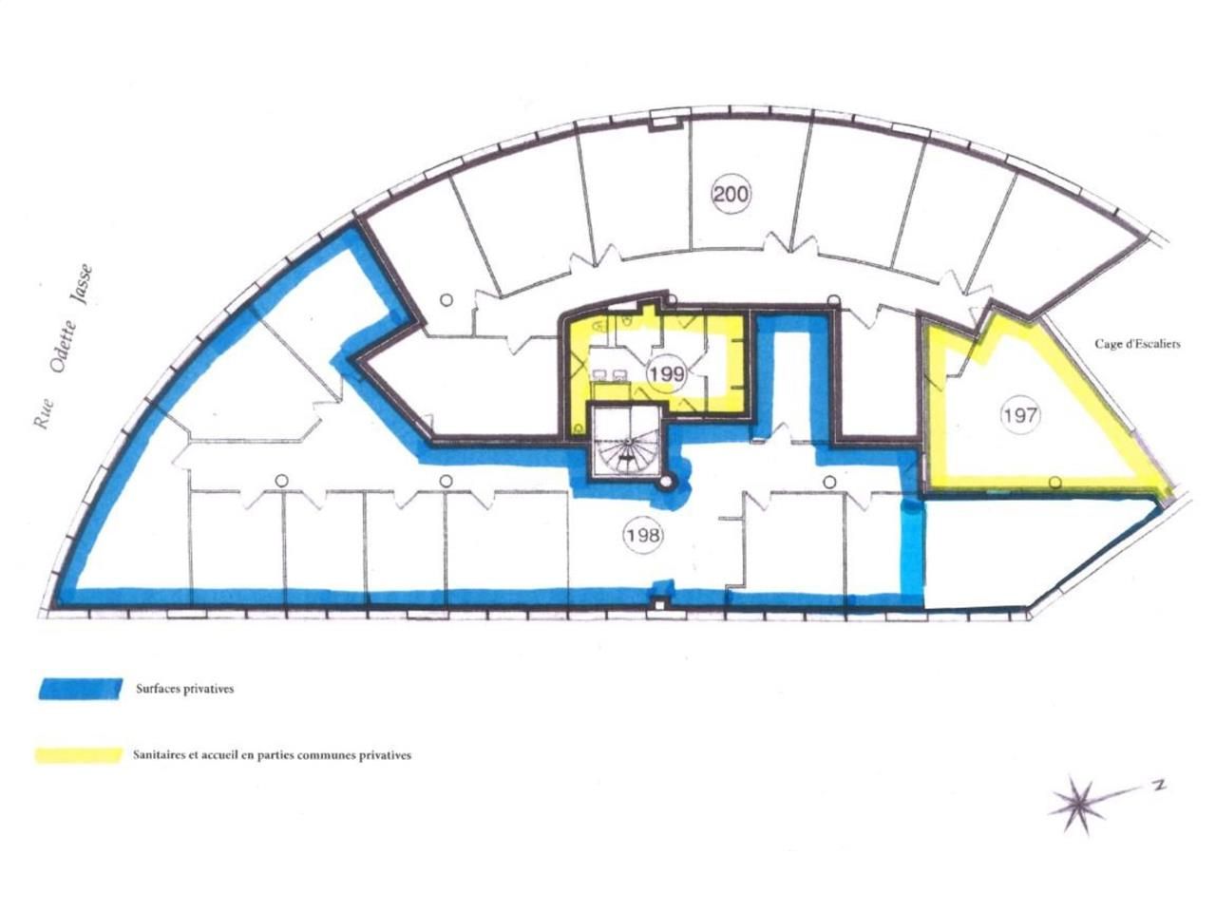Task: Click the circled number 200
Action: point(731,195)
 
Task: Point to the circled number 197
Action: point(1020,414)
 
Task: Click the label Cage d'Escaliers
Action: point(1137,344)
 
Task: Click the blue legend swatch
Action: point(81,689)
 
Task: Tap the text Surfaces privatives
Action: point(184,690)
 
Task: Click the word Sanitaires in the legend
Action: point(161,756)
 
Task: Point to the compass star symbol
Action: point(1079,804)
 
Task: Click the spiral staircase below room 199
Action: point(626,442)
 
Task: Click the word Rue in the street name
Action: point(43,415)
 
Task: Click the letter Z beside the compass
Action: point(1158,785)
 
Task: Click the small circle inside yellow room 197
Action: point(1054,483)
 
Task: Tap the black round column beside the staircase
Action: point(668,483)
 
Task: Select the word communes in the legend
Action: point(325,756)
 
